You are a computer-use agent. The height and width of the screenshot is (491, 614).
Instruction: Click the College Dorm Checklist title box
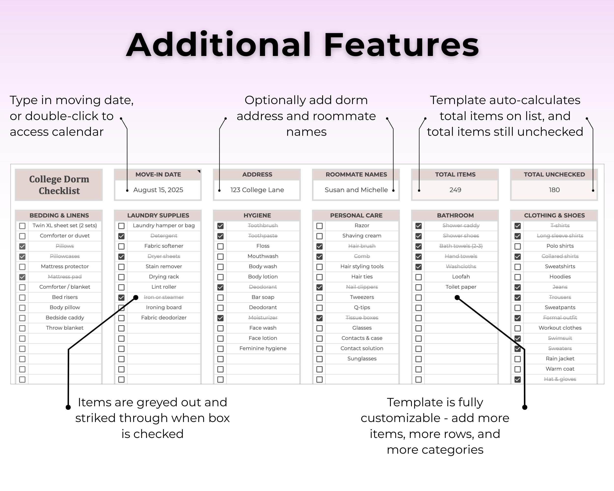pos(59,185)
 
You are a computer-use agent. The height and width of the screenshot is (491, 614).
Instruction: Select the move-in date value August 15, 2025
pos(158,190)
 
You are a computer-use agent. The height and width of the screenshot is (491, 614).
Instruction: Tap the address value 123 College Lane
pos(257,190)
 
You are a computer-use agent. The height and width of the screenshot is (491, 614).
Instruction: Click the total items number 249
pos(455,190)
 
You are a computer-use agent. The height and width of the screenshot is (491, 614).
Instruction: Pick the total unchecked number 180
pos(554,190)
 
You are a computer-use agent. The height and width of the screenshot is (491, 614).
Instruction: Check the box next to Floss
pos(220,246)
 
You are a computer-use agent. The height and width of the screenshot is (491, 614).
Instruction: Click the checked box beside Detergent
pos(121,236)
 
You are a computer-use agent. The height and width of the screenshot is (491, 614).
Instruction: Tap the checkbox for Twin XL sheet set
pos(22,226)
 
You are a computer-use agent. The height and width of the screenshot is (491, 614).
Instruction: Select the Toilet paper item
pos(461,287)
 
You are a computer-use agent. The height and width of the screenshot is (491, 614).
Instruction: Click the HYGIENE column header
pos(257,216)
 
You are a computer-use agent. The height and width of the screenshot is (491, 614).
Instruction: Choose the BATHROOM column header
pos(455,216)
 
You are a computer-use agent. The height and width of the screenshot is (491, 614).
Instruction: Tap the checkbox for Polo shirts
pos(518,246)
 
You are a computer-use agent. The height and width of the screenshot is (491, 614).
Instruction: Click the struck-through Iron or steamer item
pos(164,297)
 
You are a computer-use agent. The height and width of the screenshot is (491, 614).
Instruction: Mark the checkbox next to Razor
pos(320,226)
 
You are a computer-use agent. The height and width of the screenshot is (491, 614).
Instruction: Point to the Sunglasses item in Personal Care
pos(362,359)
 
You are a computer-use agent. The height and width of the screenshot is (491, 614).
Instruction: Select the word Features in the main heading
pos(402,45)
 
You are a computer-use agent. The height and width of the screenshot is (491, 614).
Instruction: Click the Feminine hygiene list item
pos(263,348)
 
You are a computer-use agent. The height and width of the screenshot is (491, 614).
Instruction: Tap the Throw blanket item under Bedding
pos(65,328)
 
